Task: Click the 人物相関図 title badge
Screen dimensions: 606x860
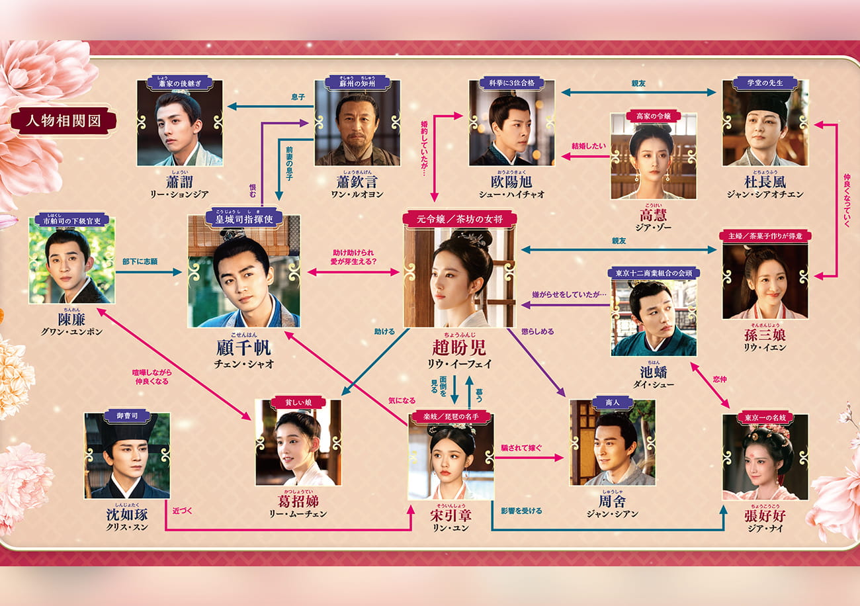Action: [64, 122]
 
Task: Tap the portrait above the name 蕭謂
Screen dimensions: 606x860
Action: [180, 126]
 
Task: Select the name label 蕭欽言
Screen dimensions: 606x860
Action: [357, 181]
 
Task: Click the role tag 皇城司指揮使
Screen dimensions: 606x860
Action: [243, 215]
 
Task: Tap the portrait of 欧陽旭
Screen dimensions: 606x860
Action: [511, 126]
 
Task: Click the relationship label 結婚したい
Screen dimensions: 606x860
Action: [589, 146]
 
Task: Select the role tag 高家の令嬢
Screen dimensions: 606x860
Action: [653, 115]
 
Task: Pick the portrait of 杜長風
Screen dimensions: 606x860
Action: [765, 126]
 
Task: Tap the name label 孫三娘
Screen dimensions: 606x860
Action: [765, 335]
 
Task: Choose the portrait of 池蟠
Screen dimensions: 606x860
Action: [653, 320]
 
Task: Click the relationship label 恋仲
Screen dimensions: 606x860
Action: [720, 380]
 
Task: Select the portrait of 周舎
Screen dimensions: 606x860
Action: [613, 445]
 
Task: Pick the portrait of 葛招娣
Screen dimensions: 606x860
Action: [298, 445]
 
